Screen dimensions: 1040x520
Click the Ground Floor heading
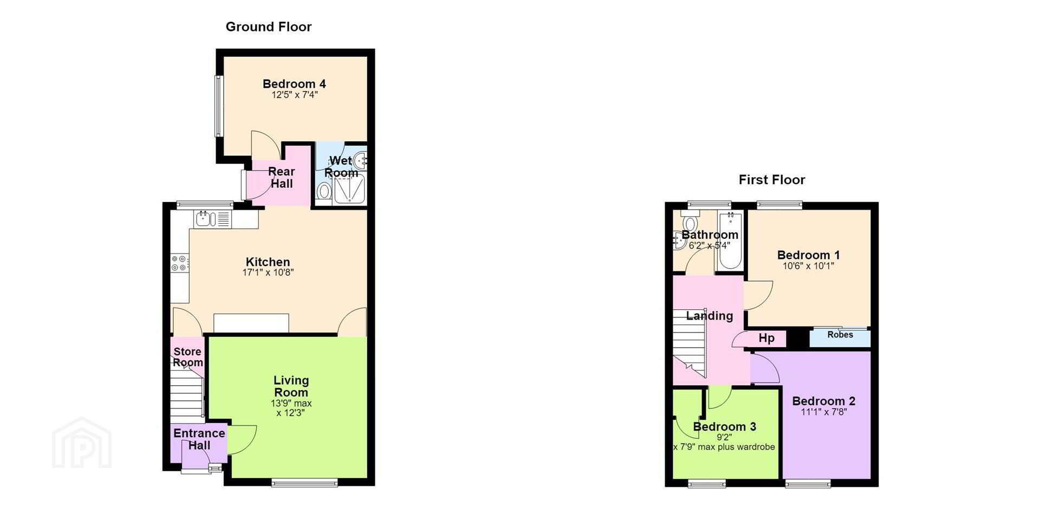pyautogui.click(x=269, y=27)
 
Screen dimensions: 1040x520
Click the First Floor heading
pyautogui.click(x=772, y=180)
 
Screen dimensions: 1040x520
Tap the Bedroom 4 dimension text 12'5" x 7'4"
pyautogui.click(x=295, y=95)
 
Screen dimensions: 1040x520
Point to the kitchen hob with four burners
pyautogui.click(x=180, y=263)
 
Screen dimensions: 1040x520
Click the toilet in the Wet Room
pyautogui.click(x=324, y=191)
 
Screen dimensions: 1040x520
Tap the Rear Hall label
pyautogui.click(x=282, y=178)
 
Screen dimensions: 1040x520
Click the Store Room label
pyautogui.click(x=187, y=357)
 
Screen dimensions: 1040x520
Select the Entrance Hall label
pyautogui.click(x=199, y=439)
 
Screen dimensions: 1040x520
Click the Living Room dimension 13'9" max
pyautogui.click(x=291, y=404)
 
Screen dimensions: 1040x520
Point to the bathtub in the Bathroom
pyautogui.click(x=730, y=242)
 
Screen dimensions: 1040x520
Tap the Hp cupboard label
pyautogui.click(x=766, y=339)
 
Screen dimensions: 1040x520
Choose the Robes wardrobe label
pyautogui.click(x=840, y=335)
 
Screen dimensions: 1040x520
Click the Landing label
pyautogui.click(x=710, y=316)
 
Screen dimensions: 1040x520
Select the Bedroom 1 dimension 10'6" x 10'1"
pyautogui.click(x=808, y=266)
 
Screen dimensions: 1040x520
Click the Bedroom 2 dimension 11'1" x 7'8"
pyautogui.click(x=824, y=412)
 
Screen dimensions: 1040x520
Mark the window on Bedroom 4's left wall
pyautogui.click(x=219, y=106)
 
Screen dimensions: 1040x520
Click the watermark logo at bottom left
pyautogui.click(x=82, y=443)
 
